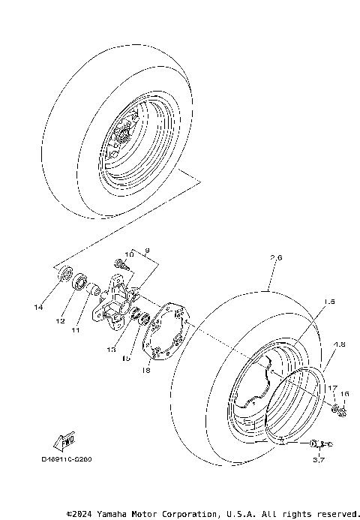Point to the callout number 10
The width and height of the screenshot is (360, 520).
[x=128, y=255]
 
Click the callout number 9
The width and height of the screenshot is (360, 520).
[x=147, y=248]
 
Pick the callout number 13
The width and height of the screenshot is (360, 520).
[x=112, y=350]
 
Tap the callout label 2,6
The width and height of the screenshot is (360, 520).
[x=275, y=258]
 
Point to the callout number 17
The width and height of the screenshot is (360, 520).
[x=329, y=387]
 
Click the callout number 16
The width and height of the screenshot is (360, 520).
[x=344, y=393]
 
